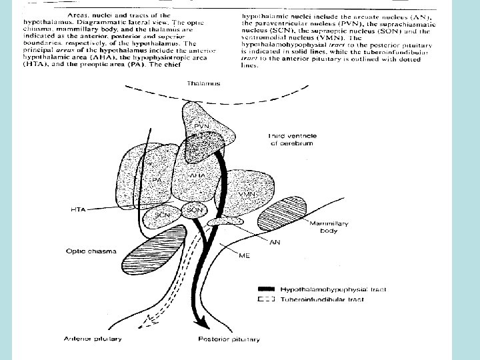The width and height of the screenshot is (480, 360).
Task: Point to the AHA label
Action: click(x=198, y=175)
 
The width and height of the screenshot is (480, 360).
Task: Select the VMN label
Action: click(x=248, y=194)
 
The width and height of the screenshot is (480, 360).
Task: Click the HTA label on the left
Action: click(x=79, y=210)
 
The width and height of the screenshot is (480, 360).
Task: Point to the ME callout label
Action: click(x=244, y=255)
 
